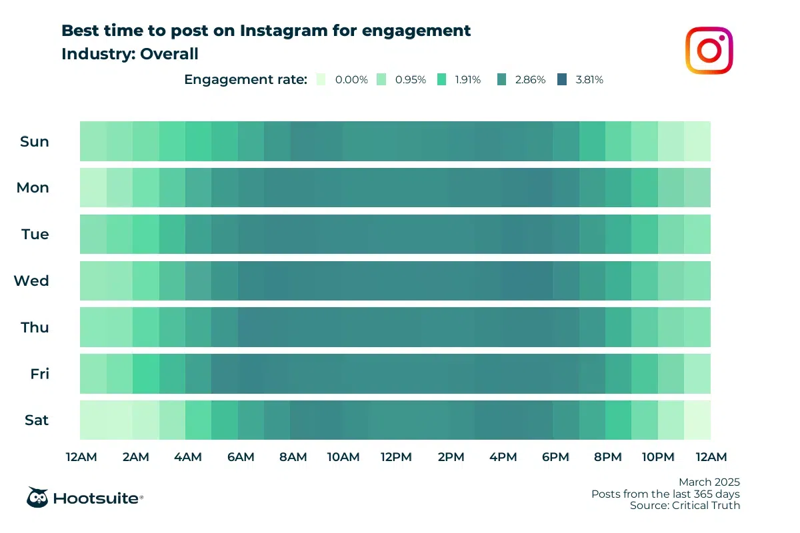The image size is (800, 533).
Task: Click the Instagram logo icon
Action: click(x=709, y=50)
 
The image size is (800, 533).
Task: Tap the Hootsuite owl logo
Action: click(x=37, y=497)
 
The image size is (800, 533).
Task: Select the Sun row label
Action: click(x=34, y=141)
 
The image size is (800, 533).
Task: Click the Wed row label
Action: click(x=31, y=280)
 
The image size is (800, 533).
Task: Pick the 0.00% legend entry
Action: click(x=343, y=79)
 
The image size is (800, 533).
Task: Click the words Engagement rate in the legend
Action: click(x=245, y=79)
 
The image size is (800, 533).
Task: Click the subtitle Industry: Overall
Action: click(x=130, y=54)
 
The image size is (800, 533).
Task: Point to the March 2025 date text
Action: click(x=709, y=482)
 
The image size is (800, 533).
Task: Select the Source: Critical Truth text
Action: click(x=685, y=506)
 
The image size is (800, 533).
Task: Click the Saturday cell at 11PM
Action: click(x=697, y=420)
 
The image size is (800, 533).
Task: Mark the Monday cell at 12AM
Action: click(x=93, y=187)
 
